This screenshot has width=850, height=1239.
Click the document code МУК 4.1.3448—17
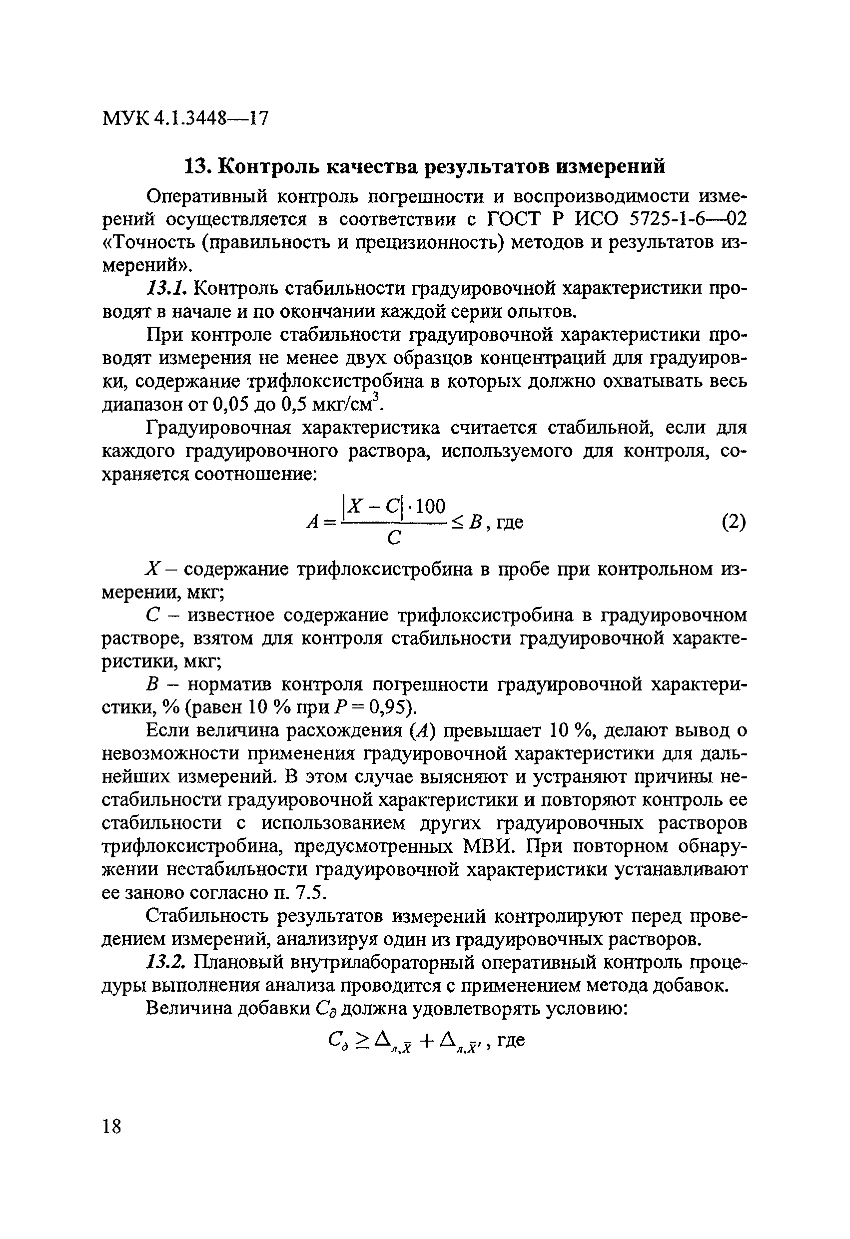[184, 118]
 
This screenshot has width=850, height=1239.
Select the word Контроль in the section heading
[274, 166]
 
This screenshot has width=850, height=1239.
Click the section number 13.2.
[167, 963]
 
